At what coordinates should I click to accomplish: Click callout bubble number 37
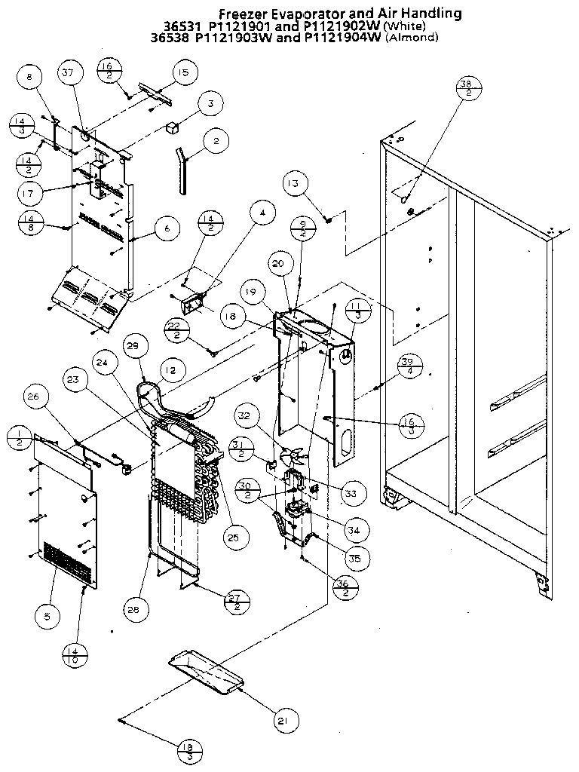tap(69, 73)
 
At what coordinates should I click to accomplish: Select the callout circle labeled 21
tap(282, 721)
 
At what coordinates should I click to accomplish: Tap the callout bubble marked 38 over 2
tap(467, 88)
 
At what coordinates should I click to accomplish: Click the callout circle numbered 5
tap(47, 617)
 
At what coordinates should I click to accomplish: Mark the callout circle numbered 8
tap(29, 77)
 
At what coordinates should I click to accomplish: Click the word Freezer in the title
tap(241, 14)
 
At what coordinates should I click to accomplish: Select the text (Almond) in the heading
tap(412, 37)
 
